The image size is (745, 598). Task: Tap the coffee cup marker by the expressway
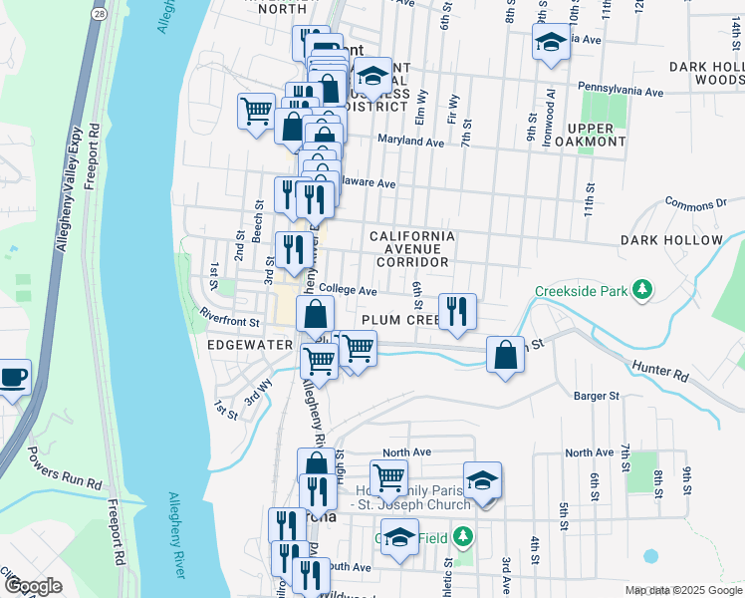tap(13, 378)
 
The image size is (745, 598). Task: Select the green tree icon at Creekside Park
tap(643, 290)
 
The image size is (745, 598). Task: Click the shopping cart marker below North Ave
tap(387, 477)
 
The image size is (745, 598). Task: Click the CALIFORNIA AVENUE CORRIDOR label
tap(412, 249)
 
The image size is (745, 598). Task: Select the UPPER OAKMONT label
tap(597, 135)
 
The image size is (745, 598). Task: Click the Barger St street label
tap(596, 396)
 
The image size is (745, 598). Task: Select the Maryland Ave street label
tap(410, 143)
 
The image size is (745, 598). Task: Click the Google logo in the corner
tap(33, 586)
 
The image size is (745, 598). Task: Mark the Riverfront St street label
tap(229, 322)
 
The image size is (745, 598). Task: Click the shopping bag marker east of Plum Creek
tap(506, 355)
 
